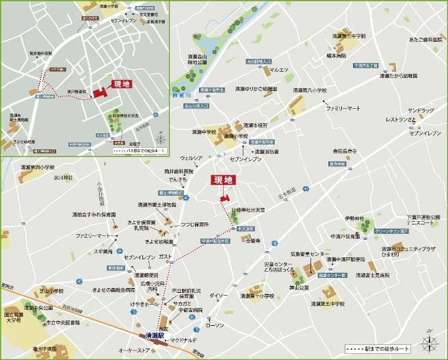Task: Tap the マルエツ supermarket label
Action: tap(279, 70)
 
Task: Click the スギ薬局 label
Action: tap(103, 251)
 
